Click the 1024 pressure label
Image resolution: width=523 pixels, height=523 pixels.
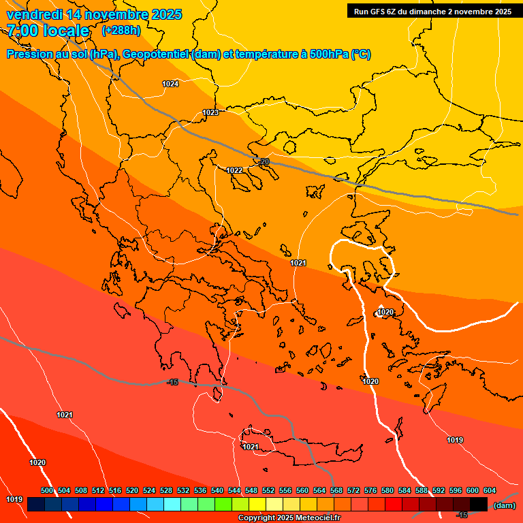pyautogui.click(x=170, y=84)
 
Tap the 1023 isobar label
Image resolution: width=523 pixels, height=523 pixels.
pyautogui.click(x=210, y=112)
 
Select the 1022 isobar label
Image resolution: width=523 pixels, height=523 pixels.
pyautogui.click(x=234, y=170)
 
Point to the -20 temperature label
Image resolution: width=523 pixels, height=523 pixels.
pyautogui.click(x=264, y=161)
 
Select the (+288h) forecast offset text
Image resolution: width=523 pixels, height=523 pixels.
pyautogui.click(x=121, y=31)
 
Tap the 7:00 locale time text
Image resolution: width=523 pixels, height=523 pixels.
pyautogui.click(x=48, y=31)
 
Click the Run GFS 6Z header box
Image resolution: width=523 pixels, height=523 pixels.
pyautogui.click(x=432, y=11)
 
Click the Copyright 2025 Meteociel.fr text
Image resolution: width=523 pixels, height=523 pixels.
pyautogui.click(x=289, y=518)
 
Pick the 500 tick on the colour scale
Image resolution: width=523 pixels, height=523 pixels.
pyautogui.click(x=47, y=490)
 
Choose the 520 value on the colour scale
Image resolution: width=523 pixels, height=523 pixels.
pyautogui.click(x=132, y=490)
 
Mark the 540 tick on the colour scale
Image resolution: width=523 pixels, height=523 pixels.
pyautogui.click(x=217, y=490)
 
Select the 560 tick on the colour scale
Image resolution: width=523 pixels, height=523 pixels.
pyautogui.click(x=302, y=490)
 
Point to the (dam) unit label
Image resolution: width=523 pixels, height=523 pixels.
pyautogui.click(x=504, y=505)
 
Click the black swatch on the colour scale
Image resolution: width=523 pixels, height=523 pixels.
pyautogui.click(x=479, y=504)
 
